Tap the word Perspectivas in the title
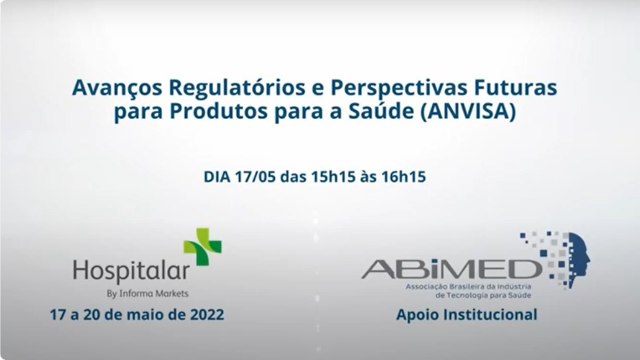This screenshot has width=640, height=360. [392, 88]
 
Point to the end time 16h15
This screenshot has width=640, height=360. [410, 177]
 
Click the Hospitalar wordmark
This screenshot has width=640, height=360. [131, 271]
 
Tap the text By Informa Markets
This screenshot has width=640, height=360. [147, 294]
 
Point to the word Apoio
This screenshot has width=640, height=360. [418, 316]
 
